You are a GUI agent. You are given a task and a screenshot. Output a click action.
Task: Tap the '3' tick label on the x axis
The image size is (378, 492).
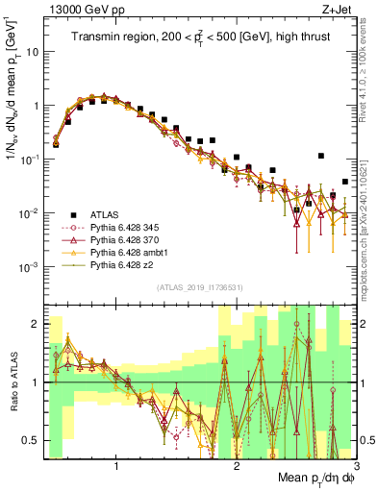pos(356,466)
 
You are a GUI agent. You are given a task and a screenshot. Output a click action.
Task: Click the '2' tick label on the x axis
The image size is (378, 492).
pos(237,466)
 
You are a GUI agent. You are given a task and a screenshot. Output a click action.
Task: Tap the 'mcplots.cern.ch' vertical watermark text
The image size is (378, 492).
pos(370,221)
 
